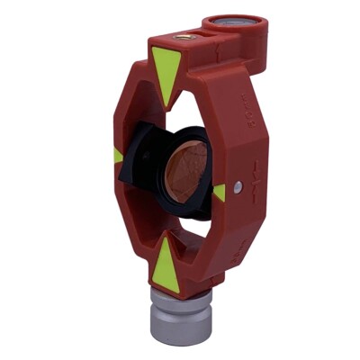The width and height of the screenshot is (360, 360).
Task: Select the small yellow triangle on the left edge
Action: (118, 157)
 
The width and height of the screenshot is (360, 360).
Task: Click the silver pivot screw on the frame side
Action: (237, 188)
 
